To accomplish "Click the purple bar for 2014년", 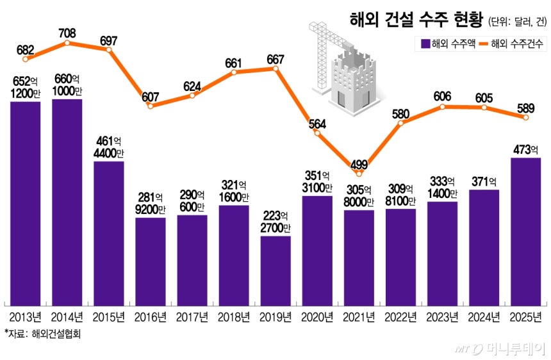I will point(67,202).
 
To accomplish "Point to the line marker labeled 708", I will point(67,43).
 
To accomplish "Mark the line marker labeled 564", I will point(317,133).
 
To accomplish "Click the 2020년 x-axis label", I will point(317,316).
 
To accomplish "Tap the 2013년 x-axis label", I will point(26,316).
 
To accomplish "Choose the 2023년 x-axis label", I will point(442,316).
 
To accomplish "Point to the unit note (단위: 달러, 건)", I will point(517,21).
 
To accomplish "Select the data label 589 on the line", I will point(525,107).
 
